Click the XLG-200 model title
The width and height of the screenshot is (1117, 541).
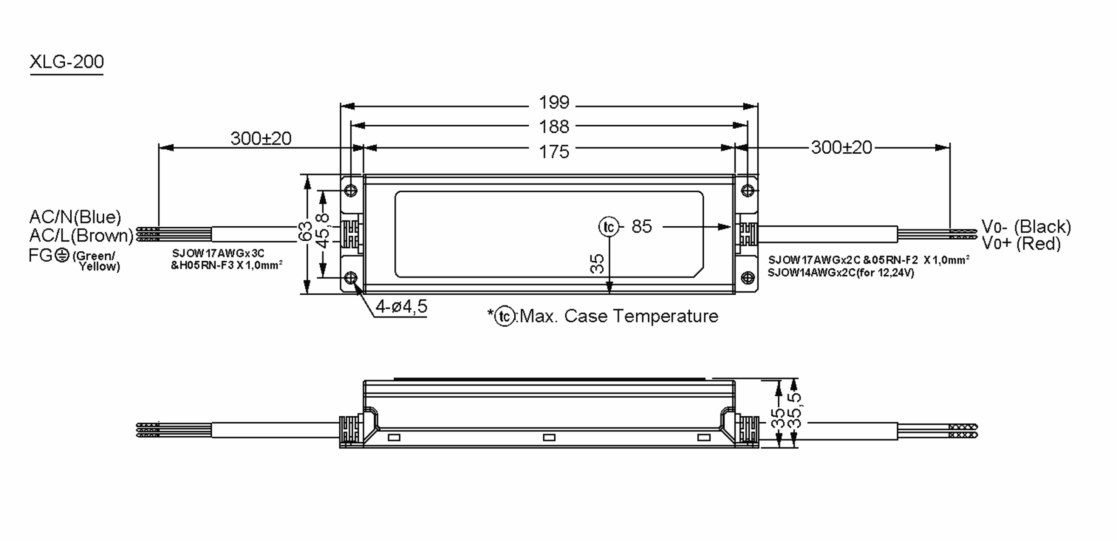[67, 62]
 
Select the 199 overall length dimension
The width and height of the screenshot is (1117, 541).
[553, 102]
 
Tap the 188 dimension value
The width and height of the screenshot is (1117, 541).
[553, 127]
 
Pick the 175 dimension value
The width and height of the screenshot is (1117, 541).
[553, 152]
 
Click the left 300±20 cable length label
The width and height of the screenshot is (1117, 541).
[261, 138]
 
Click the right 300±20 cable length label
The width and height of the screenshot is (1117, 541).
[841, 148]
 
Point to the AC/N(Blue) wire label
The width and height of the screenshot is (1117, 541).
[75, 217]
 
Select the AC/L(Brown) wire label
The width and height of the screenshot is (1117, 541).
[81, 236]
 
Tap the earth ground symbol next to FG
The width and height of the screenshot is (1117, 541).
[62, 255]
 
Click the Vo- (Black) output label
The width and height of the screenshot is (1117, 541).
[1026, 227]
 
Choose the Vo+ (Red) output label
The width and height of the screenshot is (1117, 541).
[1021, 243]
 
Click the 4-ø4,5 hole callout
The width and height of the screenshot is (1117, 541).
[401, 306]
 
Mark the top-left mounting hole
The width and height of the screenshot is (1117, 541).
[351, 190]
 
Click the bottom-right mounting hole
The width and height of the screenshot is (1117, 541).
[747, 278]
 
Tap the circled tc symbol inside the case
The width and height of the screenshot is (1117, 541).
[608, 227]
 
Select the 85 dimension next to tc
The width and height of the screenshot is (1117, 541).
[641, 227]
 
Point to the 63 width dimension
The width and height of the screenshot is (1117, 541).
[305, 231]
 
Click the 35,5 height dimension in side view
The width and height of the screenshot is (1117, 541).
[796, 410]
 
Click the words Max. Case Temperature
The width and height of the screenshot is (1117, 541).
[619, 316]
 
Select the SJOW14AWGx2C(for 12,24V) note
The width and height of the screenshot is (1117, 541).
[841, 273]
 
